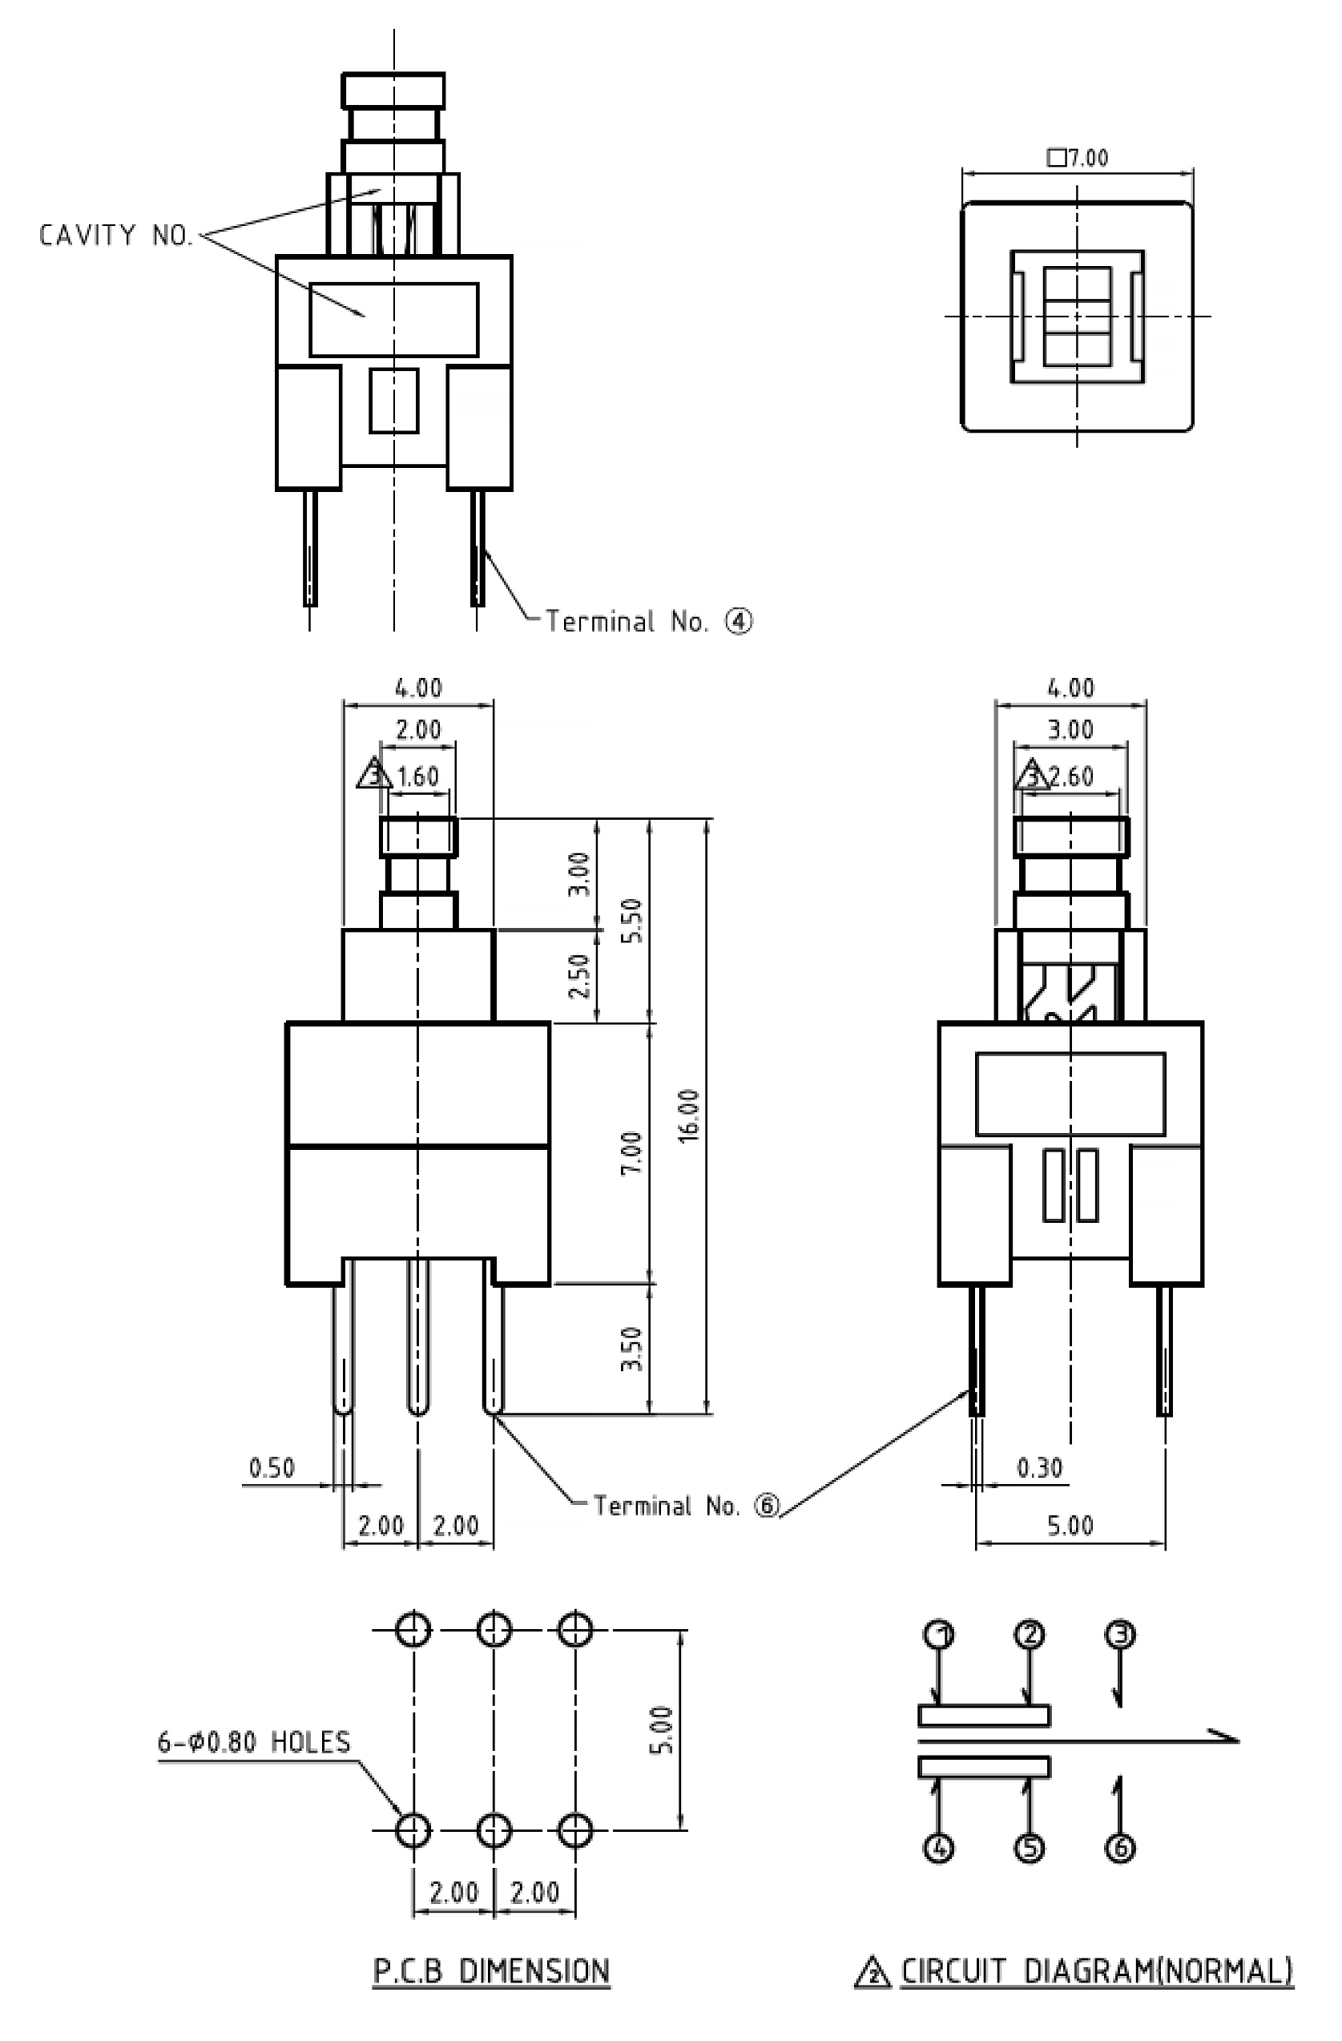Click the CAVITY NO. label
[117, 235]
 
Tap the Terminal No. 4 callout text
[649, 621]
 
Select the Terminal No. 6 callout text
[687, 1505]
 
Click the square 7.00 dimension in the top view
[1078, 158]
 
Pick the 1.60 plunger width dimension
[417, 776]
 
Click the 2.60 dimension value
[1072, 776]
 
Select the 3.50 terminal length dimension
[631, 1349]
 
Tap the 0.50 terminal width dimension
[272, 1468]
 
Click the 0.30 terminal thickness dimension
[1040, 1468]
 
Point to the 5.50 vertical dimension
[631, 920]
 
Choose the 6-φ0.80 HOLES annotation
[255, 1742]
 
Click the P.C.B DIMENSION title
[491, 1970]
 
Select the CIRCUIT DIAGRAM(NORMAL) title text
[1097, 1970]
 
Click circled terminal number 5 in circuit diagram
[1030, 1848]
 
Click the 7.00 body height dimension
[631, 1153]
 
